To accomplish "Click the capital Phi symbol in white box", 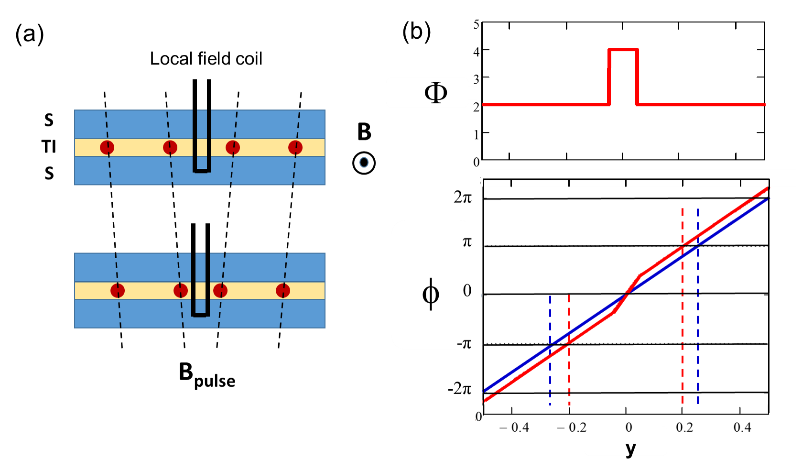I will coord(435,93).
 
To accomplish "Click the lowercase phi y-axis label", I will coord(430,294).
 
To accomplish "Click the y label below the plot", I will coord(630,448).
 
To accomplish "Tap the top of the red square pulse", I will coord(623,50).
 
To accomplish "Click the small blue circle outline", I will coord(364,163).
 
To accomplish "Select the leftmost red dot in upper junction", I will coord(107,147).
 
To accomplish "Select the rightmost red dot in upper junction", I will coord(295,147).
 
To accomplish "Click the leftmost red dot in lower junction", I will coord(118,290).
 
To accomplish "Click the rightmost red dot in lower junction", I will coord(283,290).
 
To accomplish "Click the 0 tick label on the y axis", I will coord(467,291).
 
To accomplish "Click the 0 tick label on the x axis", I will coord(629,427).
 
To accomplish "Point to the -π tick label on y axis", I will coord(464,343).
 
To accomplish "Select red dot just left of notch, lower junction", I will coord(181,290).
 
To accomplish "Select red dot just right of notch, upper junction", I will coord(233,147).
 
